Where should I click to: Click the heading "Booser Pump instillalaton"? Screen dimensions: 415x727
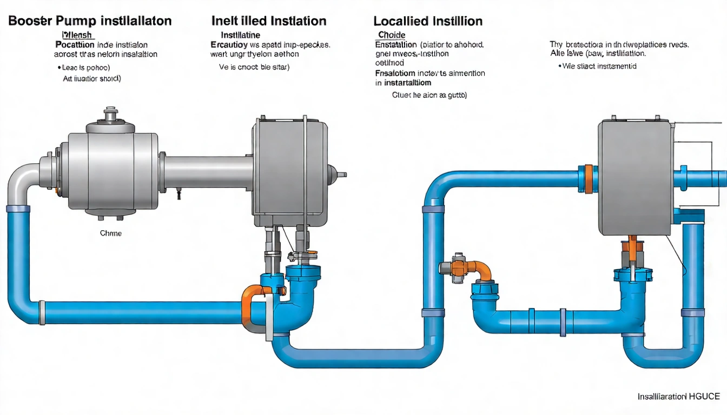tap(90, 22)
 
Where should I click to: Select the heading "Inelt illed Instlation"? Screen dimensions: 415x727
tap(268, 22)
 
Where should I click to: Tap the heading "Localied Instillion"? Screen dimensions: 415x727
tap(427, 22)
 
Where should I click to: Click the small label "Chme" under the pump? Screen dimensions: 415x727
tap(111, 233)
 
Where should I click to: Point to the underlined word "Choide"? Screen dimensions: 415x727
tap(391, 35)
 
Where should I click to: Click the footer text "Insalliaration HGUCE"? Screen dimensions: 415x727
tap(678, 397)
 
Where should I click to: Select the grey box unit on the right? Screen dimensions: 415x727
tap(636, 178)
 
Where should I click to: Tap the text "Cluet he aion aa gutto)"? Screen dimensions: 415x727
tap(429, 95)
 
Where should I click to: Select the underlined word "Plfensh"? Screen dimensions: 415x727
tap(76, 35)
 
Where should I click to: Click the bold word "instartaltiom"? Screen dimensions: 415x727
tap(407, 83)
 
